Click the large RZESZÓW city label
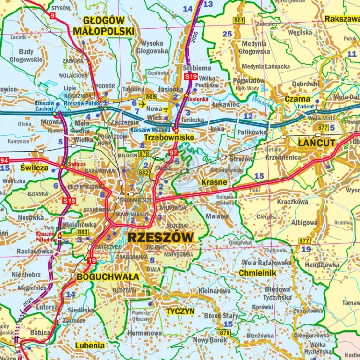pyautogui.click(x=161, y=237)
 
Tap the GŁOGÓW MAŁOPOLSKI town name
pyautogui.click(x=104, y=26)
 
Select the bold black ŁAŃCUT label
pyautogui.click(x=316, y=143)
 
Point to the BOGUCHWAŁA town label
pyautogui.click(x=108, y=276)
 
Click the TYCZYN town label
pyautogui.click(x=180, y=311)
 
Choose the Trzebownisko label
pyautogui.click(x=169, y=137)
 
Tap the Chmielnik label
pyautogui.click(x=257, y=273)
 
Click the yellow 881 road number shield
pyautogui.click(x=239, y=20)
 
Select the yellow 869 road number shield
pyautogui.click(x=151, y=97)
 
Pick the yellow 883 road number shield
pyautogui.click(x=83, y=232)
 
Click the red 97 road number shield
pyautogui.click(x=173, y=153)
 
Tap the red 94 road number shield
pyautogui.click(x=4, y=161)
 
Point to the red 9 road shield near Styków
pyautogui.click(x=52, y=16)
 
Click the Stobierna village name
pyautogui.click(x=197, y=68)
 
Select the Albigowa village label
pyautogui.click(x=304, y=223)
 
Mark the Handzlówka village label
pyautogui.click(x=322, y=264)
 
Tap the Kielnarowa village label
pyautogui.click(x=215, y=291)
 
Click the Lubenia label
pyautogui.click(x=90, y=345)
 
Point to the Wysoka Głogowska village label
pyautogui.click(x=152, y=47)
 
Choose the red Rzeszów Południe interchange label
pyautogui.click(x=46, y=237)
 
